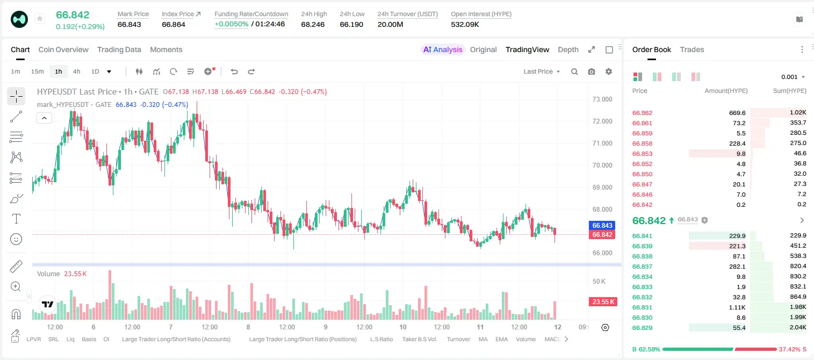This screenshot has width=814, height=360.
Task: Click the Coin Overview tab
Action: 63,49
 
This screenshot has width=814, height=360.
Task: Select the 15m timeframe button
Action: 37,71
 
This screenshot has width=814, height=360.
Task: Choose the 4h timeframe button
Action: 76,71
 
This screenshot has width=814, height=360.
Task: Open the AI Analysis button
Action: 443,49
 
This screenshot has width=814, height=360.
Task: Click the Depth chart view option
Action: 568,49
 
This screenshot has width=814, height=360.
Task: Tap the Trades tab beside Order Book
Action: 692,49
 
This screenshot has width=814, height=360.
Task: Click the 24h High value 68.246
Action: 313,24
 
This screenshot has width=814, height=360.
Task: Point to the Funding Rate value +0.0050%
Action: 232,24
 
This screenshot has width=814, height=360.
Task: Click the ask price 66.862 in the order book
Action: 642,113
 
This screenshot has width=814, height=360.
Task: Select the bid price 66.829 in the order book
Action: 642,328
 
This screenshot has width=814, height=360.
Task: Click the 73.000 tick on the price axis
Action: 602,99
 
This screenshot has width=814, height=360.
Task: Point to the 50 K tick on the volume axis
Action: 599,282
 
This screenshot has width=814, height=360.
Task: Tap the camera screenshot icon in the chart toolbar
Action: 592,71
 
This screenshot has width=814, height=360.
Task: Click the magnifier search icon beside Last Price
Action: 574,71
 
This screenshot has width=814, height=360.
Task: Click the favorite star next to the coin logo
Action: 40,18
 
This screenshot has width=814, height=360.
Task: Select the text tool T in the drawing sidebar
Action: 16,219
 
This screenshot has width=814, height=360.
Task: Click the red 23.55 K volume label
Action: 603,301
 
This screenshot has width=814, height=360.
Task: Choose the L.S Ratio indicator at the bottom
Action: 381,339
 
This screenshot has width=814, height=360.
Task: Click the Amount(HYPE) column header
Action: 726,91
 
